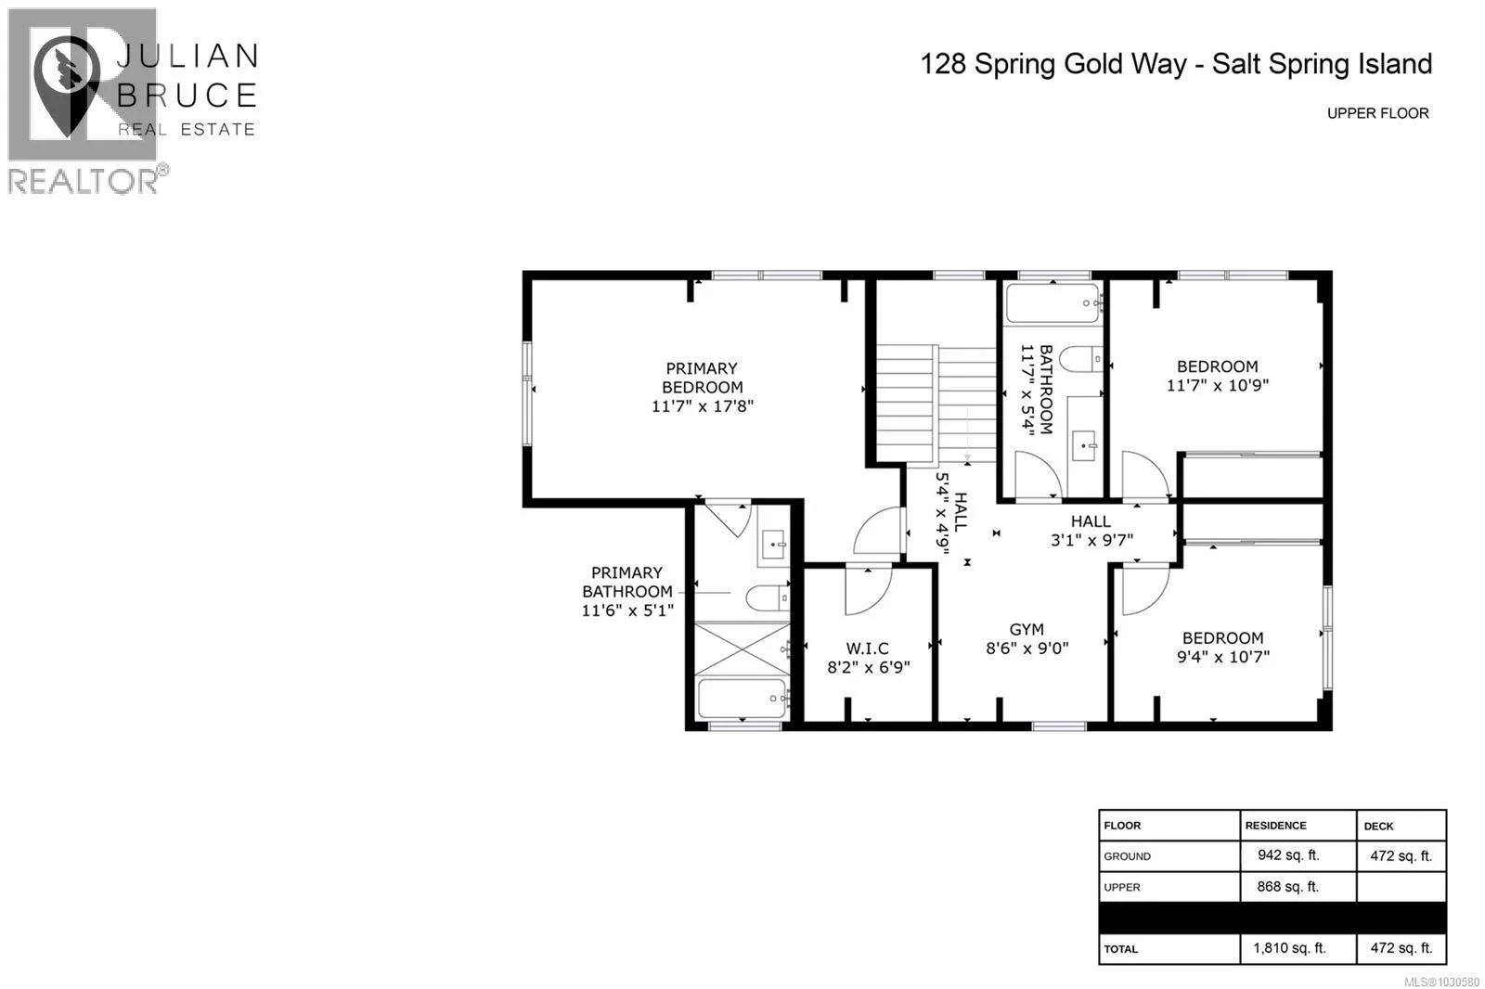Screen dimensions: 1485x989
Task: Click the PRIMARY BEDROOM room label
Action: [x=702, y=378]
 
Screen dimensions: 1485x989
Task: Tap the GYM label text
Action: [x=1027, y=630]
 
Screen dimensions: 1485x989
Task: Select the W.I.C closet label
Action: [x=867, y=649]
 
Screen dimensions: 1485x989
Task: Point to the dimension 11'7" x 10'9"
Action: [x=1218, y=385]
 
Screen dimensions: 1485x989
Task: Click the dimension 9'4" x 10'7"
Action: [x=1223, y=657]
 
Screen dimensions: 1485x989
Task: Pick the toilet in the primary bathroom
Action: [x=768, y=597]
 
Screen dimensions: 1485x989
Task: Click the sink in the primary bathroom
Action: [x=774, y=545]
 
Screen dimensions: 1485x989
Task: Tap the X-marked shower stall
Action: [x=742, y=649]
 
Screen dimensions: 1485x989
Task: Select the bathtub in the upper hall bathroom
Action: [x=1052, y=303]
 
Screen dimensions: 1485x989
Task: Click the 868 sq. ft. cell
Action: [x=1288, y=886]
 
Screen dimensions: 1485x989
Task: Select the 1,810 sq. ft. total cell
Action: [x=1289, y=948]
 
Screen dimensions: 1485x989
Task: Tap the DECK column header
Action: [x=1379, y=826]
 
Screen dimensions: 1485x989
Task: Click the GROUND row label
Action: [x=1127, y=856]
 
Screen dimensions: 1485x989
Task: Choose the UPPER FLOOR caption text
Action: [x=1377, y=113]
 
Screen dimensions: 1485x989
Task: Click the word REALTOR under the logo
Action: [x=84, y=181]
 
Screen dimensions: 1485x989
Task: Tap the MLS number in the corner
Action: [x=1441, y=982]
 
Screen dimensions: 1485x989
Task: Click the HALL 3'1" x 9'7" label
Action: [x=1091, y=531]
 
